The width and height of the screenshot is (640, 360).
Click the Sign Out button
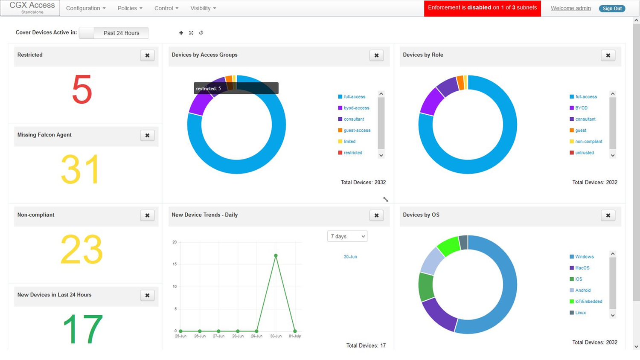pos(612,9)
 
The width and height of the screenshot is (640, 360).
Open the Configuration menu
pos(86,8)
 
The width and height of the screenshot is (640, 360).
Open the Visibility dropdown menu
pos(203,8)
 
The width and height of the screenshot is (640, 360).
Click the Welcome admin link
pos(570,8)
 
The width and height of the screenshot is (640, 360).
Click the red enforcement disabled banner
pos(482,8)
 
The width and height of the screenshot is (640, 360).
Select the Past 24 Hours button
pos(121,33)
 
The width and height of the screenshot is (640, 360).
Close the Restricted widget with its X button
pos(147,55)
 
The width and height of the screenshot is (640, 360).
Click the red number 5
pos(82,90)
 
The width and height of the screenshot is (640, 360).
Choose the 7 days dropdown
pos(347,236)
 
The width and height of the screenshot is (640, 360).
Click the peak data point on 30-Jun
pos(276,256)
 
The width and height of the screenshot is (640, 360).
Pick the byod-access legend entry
pos(356,108)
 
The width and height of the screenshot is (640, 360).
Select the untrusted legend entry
pos(584,153)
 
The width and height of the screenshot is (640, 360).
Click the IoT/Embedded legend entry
pos(588,302)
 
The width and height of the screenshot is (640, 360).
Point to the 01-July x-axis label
pos(295,336)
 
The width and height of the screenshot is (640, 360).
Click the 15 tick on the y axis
pos(175,264)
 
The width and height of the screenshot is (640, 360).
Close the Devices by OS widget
pos(608,215)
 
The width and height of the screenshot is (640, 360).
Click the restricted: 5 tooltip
pos(236,88)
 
